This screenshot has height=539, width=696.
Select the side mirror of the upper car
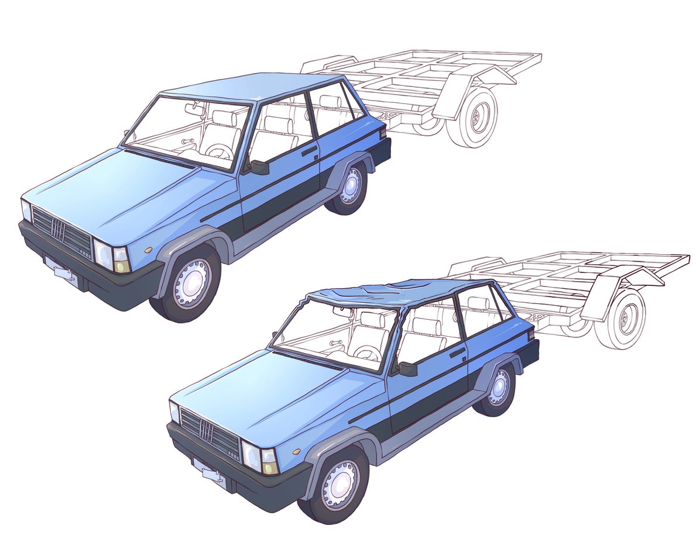click(258, 168)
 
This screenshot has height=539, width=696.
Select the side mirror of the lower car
click(406, 369)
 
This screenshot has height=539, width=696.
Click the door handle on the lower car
click(457, 353)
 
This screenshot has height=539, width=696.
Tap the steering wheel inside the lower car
click(367, 353)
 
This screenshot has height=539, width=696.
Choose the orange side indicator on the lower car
click(296, 451)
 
